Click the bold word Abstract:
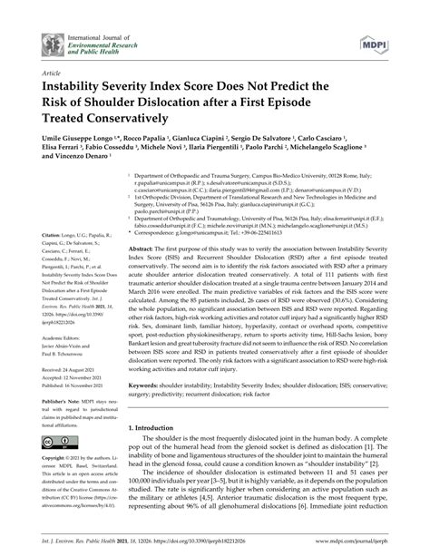[x=142, y=249]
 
